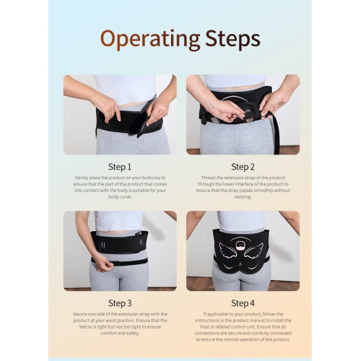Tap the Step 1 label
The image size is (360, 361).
(120, 167)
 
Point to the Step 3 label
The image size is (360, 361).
(120, 303)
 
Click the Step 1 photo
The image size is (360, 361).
(120, 114)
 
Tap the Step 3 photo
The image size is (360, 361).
(120, 250)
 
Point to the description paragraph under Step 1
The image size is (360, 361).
(120, 186)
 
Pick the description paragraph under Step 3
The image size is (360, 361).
(120, 325)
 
